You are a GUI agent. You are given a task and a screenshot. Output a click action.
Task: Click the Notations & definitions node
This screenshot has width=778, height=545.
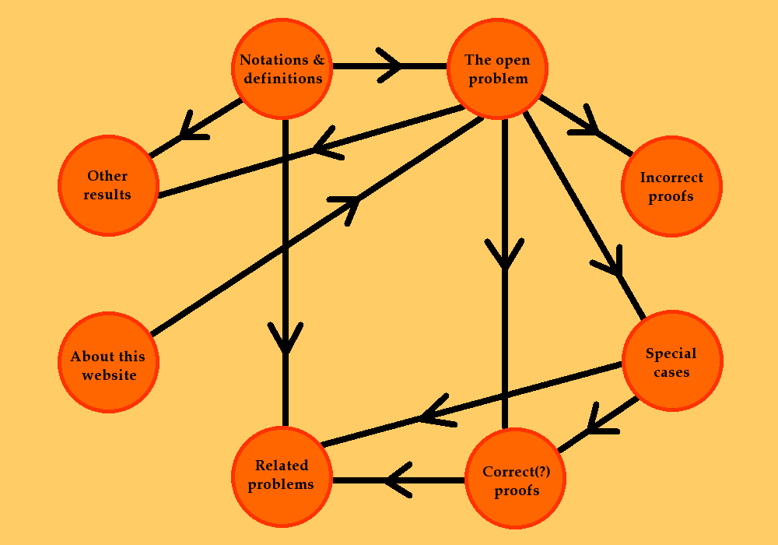pyautogui.click(x=282, y=69)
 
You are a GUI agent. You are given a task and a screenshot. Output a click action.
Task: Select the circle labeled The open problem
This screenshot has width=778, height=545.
pyautogui.click(x=497, y=69)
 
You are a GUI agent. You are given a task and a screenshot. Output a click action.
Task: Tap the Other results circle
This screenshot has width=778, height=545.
pyautogui.click(x=107, y=185)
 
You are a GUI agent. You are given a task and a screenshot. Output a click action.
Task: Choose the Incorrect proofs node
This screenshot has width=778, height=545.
pyautogui.click(x=671, y=187)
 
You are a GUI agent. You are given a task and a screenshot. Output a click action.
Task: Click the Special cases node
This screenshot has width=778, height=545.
pyautogui.click(x=671, y=362)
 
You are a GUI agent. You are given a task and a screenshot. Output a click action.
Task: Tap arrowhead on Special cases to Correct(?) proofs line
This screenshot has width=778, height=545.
pyautogui.click(x=596, y=422)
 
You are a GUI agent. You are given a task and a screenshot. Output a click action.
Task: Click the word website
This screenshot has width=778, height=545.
pyautogui.click(x=107, y=375)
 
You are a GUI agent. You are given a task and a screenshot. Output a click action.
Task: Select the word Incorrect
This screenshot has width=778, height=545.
pyautogui.click(x=671, y=178)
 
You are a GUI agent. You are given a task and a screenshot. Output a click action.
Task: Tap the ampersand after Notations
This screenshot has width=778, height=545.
pyautogui.click(x=317, y=60)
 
